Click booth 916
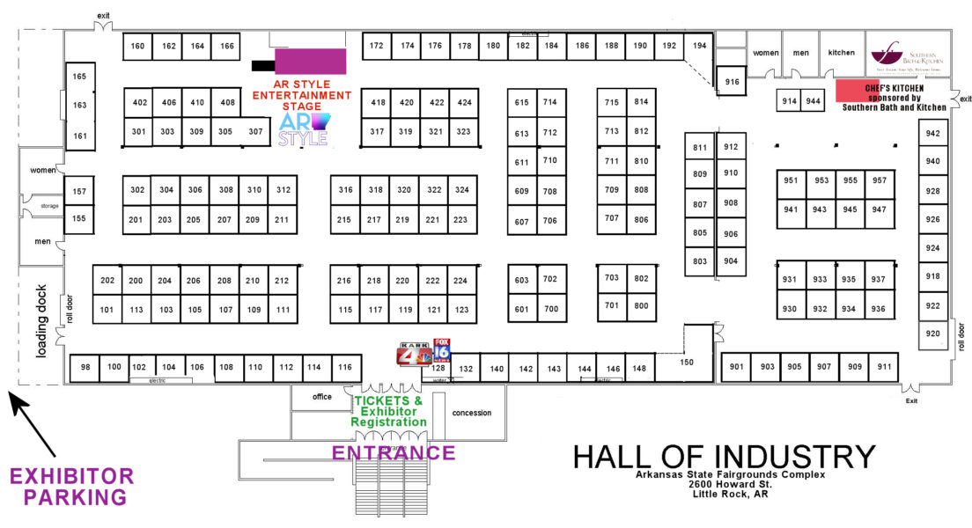tap(732, 82)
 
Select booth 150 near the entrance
tap(686, 362)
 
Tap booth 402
tap(139, 103)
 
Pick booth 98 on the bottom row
tap(85, 367)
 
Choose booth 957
tap(879, 180)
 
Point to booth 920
tap(932, 334)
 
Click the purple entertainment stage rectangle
tap(310, 61)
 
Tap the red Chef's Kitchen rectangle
tap(857, 90)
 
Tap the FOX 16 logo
tap(441, 351)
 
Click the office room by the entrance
tap(321, 397)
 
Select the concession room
tap(472, 413)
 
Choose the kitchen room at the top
tap(841, 53)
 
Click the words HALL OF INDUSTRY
tap(724, 457)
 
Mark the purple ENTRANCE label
tap(393, 454)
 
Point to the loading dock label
tap(40, 320)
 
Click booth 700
tap(550, 309)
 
